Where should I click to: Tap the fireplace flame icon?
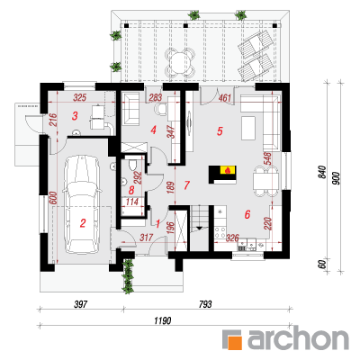click(x=228, y=171)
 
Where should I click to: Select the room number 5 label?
click(x=220, y=131)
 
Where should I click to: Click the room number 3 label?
click(x=75, y=116)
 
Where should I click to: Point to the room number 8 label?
click(x=131, y=190)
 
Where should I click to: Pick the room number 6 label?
click(x=247, y=214)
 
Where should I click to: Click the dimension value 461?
click(x=225, y=98)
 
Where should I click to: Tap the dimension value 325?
click(x=80, y=97)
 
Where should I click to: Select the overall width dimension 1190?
click(x=163, y=320)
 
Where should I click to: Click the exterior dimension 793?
click(x=205, y=304)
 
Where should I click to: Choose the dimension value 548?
click(x=267, y=158)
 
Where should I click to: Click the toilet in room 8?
click(x=132, y=166)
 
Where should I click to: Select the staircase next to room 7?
click(x=199, y=228)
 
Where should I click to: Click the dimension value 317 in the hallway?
click(x=147, y=238)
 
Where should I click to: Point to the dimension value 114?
click(x=132, y=202)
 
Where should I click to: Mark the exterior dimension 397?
click(x=81, y=304)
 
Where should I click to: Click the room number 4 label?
click(x=154, y=130)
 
